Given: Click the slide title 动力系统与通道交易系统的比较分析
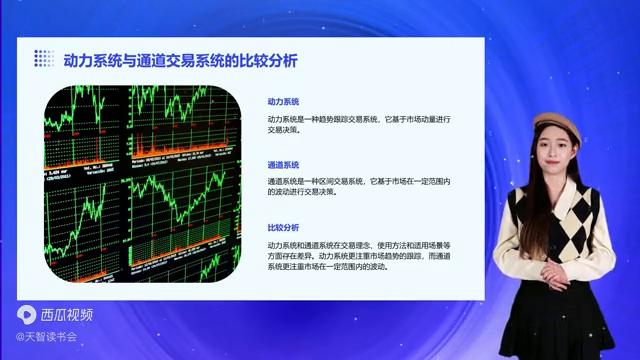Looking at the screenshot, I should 180,59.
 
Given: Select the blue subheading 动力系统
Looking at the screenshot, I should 283,102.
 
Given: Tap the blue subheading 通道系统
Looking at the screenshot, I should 283,164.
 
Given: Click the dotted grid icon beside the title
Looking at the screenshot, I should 44,58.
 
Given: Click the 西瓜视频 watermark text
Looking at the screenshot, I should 68,314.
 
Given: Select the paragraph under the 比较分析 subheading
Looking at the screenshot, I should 360,256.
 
